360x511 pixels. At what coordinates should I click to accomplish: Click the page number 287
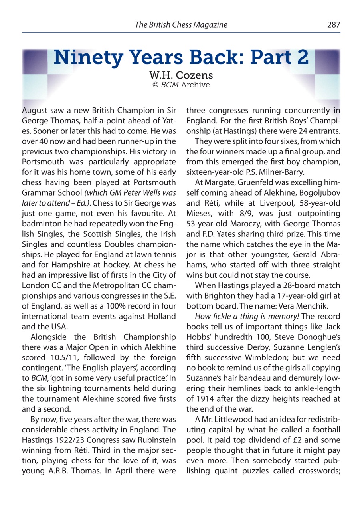pos(334,25)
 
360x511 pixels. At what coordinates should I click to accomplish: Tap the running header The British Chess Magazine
pos(181,25)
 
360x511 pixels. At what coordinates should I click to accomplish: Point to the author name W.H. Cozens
pos(182,75)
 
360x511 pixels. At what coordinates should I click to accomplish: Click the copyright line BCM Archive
pos(182,85)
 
